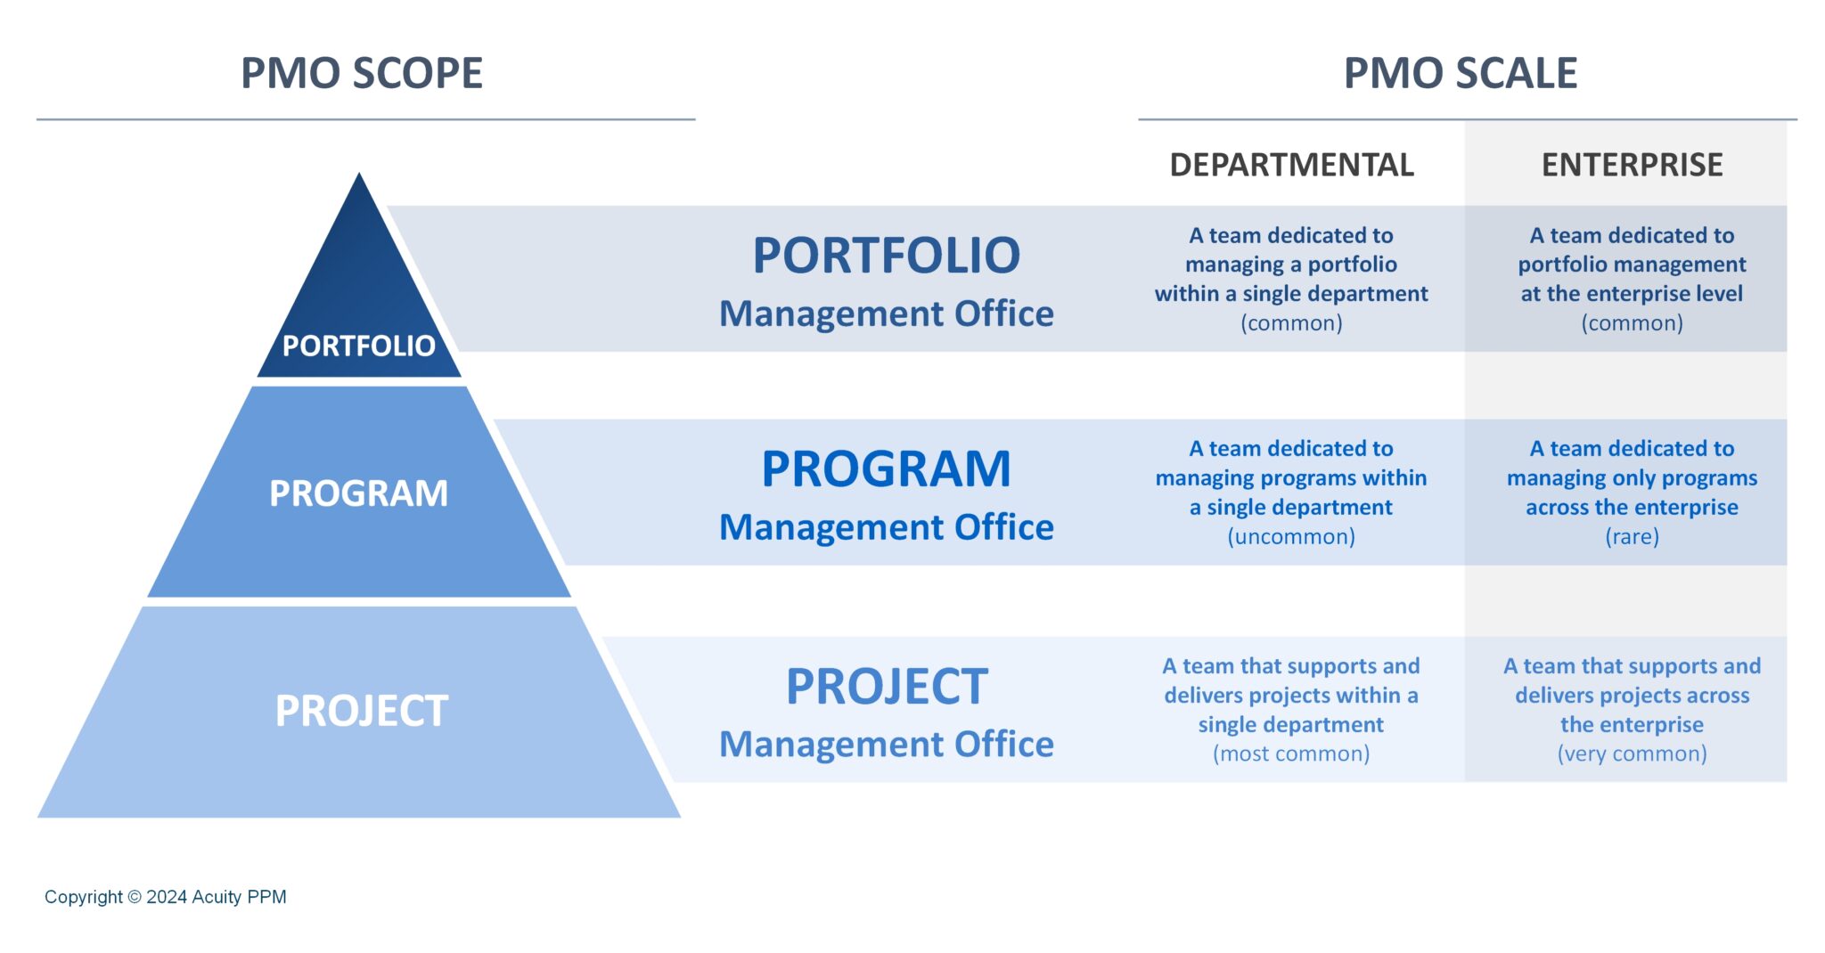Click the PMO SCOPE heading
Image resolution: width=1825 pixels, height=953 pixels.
pyautogui.click(x=362, y=73)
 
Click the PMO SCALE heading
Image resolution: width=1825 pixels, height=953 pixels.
pyautogui.click(x=1460, y=73)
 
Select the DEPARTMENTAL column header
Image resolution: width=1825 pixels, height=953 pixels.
pyautogui.click(x=1291, y=165)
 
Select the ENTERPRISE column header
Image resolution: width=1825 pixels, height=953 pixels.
pyautogui.click(x=1632, y=165)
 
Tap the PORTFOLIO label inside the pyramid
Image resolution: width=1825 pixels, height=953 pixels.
pyautogui.click(x=358, y=346)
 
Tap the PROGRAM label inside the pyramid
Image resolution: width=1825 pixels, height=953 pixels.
pyautogui.click(x=358, y=493)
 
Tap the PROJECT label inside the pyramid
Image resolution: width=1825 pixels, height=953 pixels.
pyautogui.click(x=361, y=711)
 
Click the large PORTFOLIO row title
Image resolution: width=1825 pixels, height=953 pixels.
pyautogui.click(x=886, y=256)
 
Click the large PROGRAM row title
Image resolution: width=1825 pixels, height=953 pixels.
pyautogui.click(x=886, y=468)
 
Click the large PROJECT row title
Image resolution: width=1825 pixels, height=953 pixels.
pyautogui.click(x=886, y=687)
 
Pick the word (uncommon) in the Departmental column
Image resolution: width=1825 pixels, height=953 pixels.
pyautogui.click(x=1291, y=537)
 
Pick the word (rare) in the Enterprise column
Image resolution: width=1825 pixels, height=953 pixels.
pyautogui.click(x=1632, y=537)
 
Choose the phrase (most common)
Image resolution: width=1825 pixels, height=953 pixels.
pyautogui.click(x=1291, y=754)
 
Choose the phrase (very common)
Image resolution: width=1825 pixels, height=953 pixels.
pyautogui.click(x=1632, y=754)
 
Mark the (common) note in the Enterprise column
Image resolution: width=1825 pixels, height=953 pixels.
pyautogui.click(x=1632, y=323)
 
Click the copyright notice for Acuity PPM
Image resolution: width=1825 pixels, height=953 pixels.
pyautogui.click(x=166, y=897)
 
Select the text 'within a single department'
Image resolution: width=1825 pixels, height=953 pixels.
pyautogui.click(x=1291, y=294)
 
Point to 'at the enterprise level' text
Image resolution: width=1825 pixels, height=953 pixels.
pyautogui.click(x=1632, y=294)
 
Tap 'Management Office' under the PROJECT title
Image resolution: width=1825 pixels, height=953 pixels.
pyautogui.click(x=886, y=745)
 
